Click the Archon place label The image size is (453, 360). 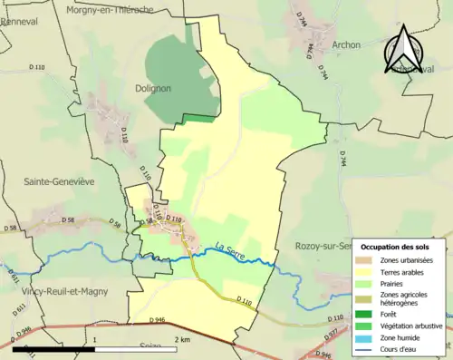pyautogui.click(x=346, y=44)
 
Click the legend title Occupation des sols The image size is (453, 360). pyautogui.click(x=396, y=247)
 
